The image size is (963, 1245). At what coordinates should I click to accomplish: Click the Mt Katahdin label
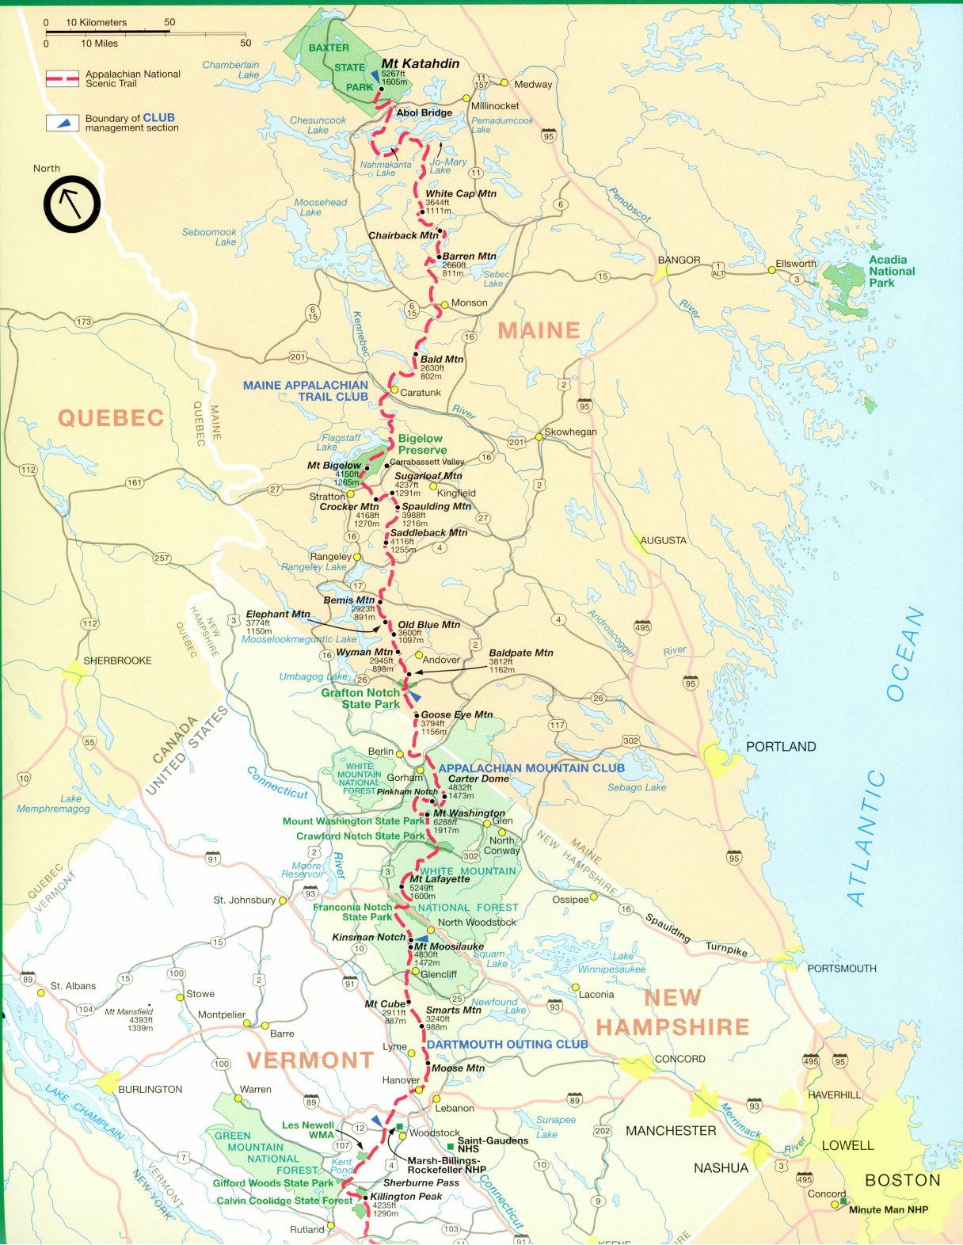click(420, 63)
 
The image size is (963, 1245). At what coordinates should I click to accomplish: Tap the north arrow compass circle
click(71, 204)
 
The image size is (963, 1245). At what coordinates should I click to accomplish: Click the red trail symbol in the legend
click(62, 78)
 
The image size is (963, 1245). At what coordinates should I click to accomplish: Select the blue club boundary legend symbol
click(62, 123)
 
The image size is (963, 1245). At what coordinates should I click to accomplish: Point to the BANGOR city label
click(679, 260)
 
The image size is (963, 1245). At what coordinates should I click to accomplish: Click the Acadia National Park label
click(891, 271)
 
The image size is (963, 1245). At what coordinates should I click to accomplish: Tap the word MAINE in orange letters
click(539, 330)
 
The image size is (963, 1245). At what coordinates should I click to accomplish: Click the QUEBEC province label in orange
click(111, 418)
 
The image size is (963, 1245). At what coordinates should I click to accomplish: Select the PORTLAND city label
click(780, 747)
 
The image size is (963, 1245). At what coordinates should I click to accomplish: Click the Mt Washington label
click(469, 813)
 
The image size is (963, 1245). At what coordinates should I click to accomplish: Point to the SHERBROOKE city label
click(117, 661)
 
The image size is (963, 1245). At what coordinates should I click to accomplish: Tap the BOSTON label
click(902, 1180)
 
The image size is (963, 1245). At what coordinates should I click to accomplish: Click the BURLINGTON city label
click(150, 1090)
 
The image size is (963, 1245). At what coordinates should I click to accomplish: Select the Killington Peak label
click(405, 1197)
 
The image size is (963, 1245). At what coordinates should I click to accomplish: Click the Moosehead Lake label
click(320, 207)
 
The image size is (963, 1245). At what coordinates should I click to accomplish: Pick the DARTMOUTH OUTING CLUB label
click(507, 1045)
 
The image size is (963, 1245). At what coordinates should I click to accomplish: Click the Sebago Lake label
click(636, 787)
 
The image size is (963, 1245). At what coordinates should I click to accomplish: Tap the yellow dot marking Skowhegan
click(539, 436)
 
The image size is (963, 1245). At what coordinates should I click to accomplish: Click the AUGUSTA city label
click(663, 541)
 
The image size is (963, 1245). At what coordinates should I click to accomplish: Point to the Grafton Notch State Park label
click(361, 699)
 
